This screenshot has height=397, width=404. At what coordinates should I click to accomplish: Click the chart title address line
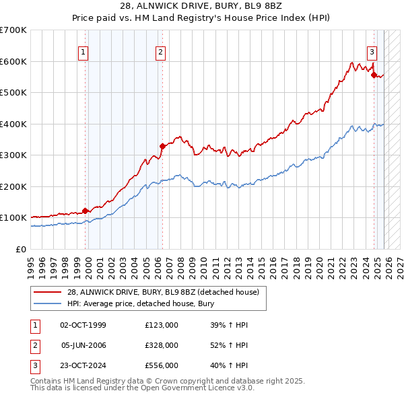click(x=202, y=6)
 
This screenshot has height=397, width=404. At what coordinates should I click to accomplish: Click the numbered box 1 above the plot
click(x=83, y=52)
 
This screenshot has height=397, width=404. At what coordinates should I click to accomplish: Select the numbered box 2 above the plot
click(x=161, y=52)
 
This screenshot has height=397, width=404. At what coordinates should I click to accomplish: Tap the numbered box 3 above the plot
click(x=372, y=52)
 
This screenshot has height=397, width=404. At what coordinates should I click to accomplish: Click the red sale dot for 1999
click(x=86, y=211)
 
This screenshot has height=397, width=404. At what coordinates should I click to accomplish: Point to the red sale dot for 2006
click(x=162, y=146)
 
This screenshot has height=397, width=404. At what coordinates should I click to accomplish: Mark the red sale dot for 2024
click(x=374, y=75)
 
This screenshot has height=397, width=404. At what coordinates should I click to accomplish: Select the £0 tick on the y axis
click(x=20, y=249)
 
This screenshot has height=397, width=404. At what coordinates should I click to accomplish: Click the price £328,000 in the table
click(x=161, y=345)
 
